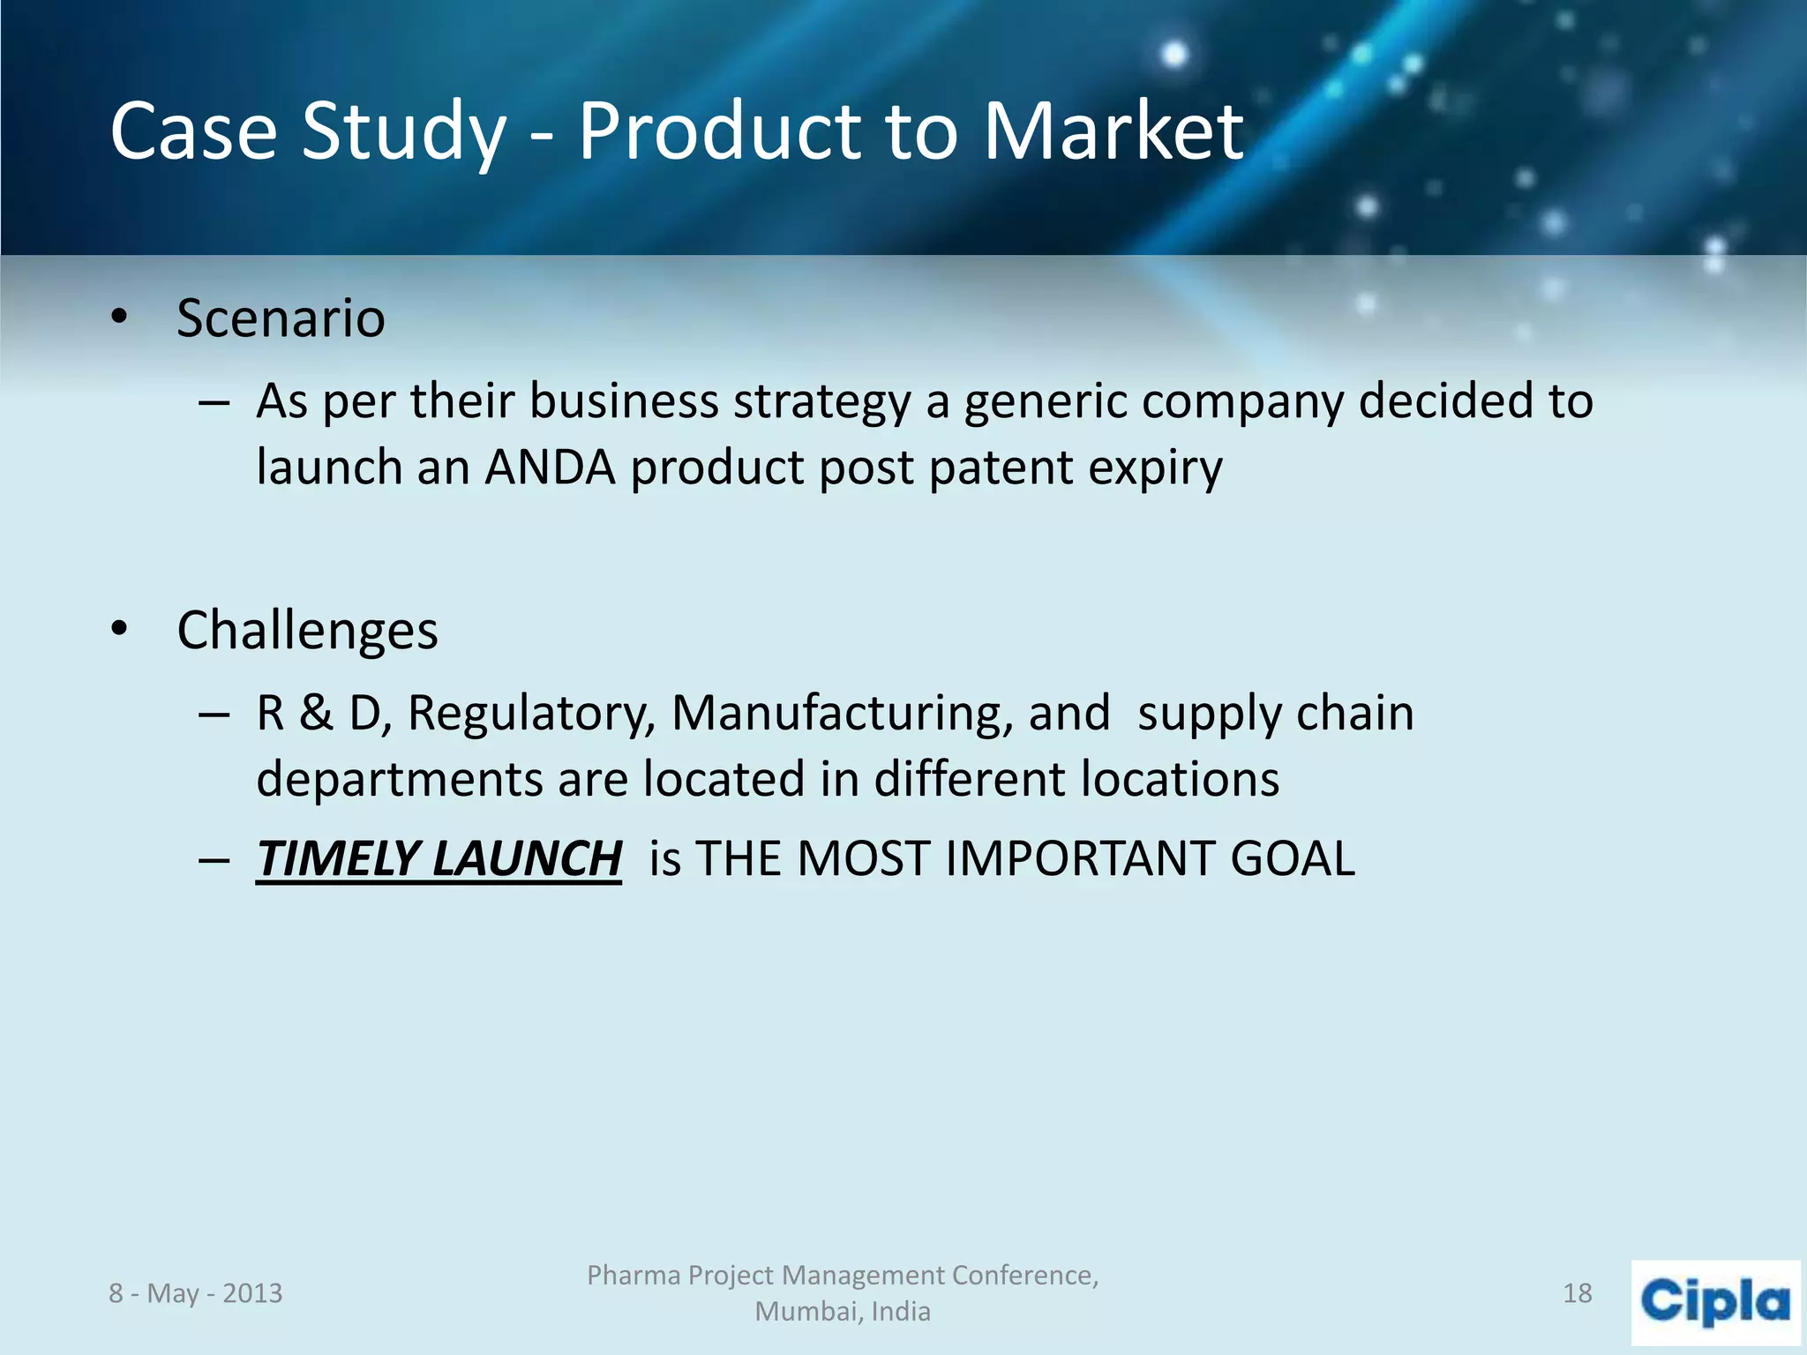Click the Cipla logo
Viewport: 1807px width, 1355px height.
(x=1714, y=1301)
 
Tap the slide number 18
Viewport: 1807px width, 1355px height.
(x=1577, y=1293)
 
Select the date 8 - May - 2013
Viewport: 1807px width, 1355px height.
(x=195, y=1293)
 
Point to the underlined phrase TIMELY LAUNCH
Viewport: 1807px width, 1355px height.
(x=439, y=858)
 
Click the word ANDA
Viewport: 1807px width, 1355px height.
(x=549, y=468)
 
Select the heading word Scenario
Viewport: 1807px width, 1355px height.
(x=281, y=318)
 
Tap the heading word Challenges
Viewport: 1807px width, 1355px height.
(x=307, y=631)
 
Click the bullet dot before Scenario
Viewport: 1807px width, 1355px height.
(x=120, y=318)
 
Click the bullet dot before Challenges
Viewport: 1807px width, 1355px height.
(x=120, y=630)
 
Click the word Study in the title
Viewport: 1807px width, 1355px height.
(x=403, y=132)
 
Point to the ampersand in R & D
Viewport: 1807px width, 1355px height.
(x=316, y=713)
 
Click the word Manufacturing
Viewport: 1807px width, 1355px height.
(x=842, y=713)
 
